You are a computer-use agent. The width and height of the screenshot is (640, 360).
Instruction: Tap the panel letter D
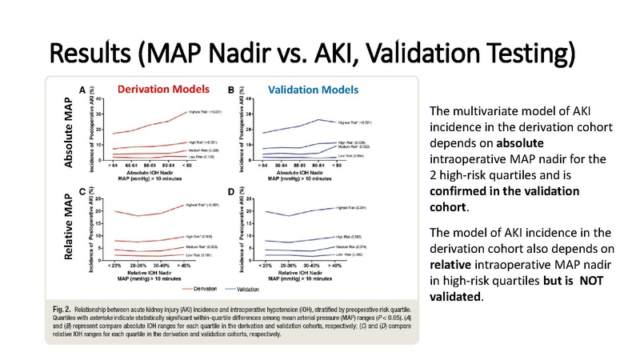pyautogui.click(x=231, y=193)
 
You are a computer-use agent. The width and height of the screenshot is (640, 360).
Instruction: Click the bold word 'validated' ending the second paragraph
pyautogui.click(x=456, y=297)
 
